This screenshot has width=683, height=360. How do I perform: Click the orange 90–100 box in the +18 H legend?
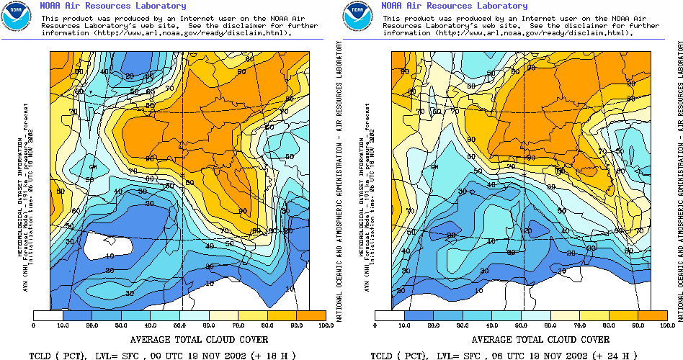(x=311, y=315)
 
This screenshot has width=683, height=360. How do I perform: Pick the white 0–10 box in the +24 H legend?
(x=390, y=315)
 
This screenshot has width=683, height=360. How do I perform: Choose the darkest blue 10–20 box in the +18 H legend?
(x=78, y=315)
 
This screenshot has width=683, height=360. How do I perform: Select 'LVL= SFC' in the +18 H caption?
(x=111, y=355)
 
